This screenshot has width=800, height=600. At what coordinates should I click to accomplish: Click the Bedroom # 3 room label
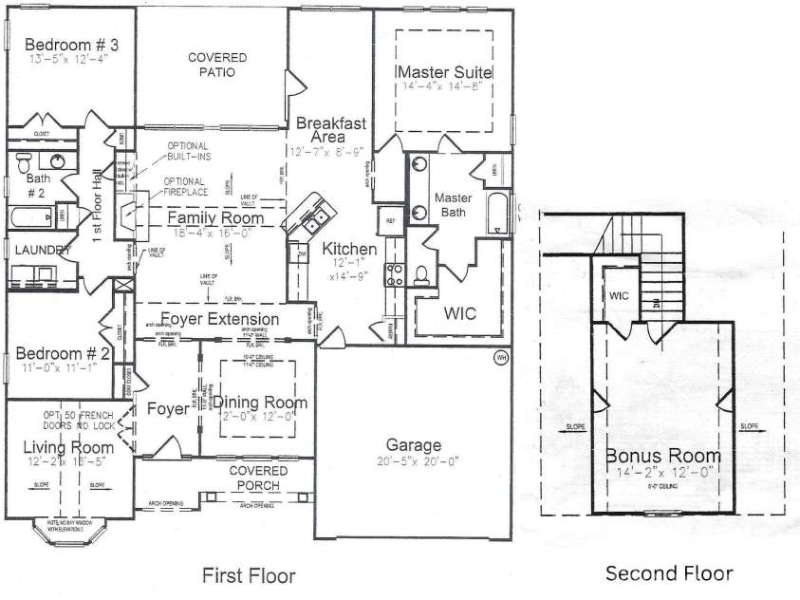pos(71,45)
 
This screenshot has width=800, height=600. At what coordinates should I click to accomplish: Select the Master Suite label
pos(444,72)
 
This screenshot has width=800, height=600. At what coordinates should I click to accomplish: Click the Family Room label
pos(215,218)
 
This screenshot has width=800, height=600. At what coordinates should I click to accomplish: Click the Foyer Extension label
pos(219,319)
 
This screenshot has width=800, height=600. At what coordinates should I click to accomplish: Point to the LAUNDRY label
pos(37,250)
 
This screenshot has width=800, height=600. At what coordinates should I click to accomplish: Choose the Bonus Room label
pos(663,456)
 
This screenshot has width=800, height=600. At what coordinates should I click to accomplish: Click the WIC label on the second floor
pos(620,295)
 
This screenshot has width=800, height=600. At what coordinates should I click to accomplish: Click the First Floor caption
pos(250,575)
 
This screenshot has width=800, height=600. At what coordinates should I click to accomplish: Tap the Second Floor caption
pos(669,572)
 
